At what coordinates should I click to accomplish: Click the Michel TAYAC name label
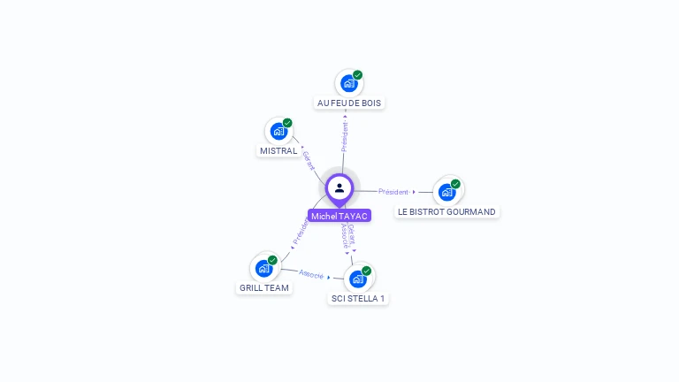339,216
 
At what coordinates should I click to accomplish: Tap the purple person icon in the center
339,188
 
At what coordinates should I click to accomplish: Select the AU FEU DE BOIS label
349,103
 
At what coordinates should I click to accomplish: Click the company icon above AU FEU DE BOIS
349,84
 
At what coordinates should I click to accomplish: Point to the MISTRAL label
278,150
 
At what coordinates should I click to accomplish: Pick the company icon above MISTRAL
279,132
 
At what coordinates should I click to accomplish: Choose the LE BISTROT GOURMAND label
446,211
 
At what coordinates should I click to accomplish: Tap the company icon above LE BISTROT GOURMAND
447,192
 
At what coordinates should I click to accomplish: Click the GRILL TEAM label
264,287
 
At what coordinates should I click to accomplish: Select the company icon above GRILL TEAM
264,268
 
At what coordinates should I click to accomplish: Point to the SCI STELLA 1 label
357,298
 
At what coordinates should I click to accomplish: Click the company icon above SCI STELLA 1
358,279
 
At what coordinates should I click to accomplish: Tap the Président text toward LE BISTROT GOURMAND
393,192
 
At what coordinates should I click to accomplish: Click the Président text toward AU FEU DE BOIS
345,136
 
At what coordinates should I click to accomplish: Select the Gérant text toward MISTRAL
308,160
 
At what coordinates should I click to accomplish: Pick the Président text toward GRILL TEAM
301,231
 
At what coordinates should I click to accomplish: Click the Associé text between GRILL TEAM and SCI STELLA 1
311,274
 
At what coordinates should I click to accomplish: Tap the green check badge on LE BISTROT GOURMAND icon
455,184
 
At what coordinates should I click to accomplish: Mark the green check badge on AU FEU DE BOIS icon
357,75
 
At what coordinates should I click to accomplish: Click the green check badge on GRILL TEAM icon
272,260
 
